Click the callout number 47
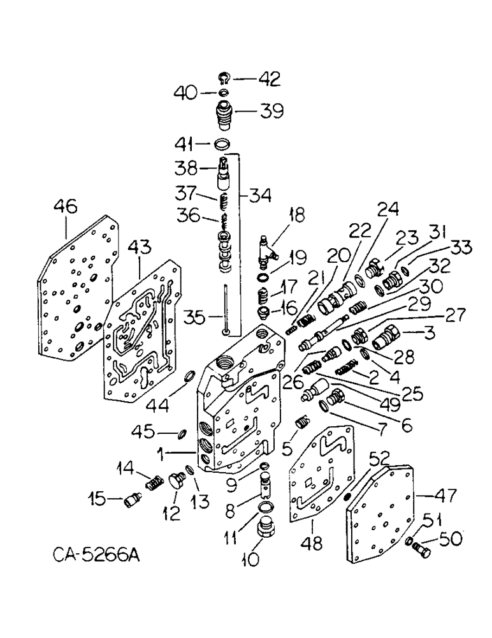tap(428, 493)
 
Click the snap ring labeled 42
tap(223, 79)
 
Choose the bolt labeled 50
tap(418, 547)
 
